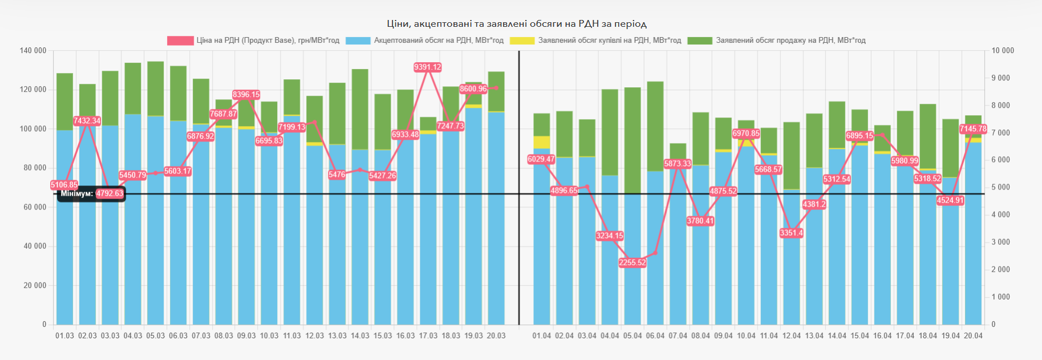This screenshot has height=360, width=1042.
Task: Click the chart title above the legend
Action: click(517, 24)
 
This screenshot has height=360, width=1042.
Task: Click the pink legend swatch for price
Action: click(180, 41)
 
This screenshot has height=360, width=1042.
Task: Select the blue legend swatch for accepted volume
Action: click(358, 41)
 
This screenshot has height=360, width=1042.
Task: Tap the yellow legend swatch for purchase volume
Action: click(522, 41)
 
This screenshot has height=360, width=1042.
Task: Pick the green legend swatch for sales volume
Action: click(700, 41)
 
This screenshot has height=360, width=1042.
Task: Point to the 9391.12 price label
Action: click(428, 67)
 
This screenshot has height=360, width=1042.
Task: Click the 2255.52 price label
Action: click(633, 263)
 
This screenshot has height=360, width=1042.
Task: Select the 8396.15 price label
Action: click(246, 95)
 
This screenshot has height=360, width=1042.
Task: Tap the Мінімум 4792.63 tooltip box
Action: click(91, 194)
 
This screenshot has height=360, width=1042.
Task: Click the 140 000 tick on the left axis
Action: click(33, 51)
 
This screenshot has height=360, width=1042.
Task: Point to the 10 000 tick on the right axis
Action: click(1003, 51)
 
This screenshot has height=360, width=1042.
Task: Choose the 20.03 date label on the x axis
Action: click(496, 336)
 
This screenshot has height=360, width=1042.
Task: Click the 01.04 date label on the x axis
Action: click(542, 336)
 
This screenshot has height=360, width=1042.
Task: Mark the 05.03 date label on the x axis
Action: click(155, 336)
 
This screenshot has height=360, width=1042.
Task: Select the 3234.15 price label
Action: click(610, 236)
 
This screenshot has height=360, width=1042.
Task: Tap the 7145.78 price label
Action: click(973, 129)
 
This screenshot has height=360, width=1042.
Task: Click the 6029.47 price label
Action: click(541, 159)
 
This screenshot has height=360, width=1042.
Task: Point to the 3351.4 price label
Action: click(791, 233)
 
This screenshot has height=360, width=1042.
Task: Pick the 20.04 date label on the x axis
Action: click(973, 336)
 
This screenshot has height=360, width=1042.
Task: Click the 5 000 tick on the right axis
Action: click(1001, 188)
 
